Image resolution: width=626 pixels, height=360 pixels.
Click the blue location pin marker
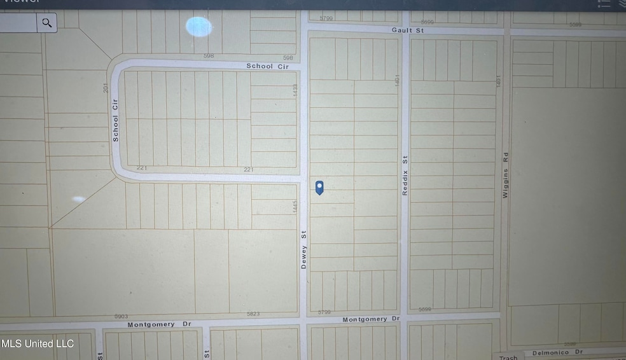click(320, 187)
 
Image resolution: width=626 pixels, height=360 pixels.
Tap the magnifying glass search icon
click(47, 24)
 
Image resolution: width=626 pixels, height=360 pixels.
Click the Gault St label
click(408, 30)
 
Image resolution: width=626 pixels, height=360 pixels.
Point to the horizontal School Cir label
click(268, 66)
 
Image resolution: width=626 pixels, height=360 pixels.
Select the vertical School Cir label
click(116, 119)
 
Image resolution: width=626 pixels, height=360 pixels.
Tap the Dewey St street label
click(304, 250)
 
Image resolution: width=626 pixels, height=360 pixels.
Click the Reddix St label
click(405, 177)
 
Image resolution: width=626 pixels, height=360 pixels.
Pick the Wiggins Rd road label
click(506, 174)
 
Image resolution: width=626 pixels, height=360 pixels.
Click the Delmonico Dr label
click(557, 352)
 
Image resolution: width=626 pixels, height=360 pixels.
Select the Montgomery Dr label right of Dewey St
click(371, 319)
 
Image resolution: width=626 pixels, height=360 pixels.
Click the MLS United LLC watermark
click(38, 343)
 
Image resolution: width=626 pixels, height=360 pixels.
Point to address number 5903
click(121, 316)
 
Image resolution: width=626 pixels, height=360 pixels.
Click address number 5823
click(254, 314)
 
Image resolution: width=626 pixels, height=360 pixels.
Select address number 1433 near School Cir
click(295, 90)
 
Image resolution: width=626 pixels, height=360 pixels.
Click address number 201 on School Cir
click(106, 87)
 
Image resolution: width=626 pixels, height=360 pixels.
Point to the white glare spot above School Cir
click(198, 27)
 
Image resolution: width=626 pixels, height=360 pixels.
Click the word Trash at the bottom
click(508, 357)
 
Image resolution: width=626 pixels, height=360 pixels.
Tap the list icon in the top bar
click(604, 3)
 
